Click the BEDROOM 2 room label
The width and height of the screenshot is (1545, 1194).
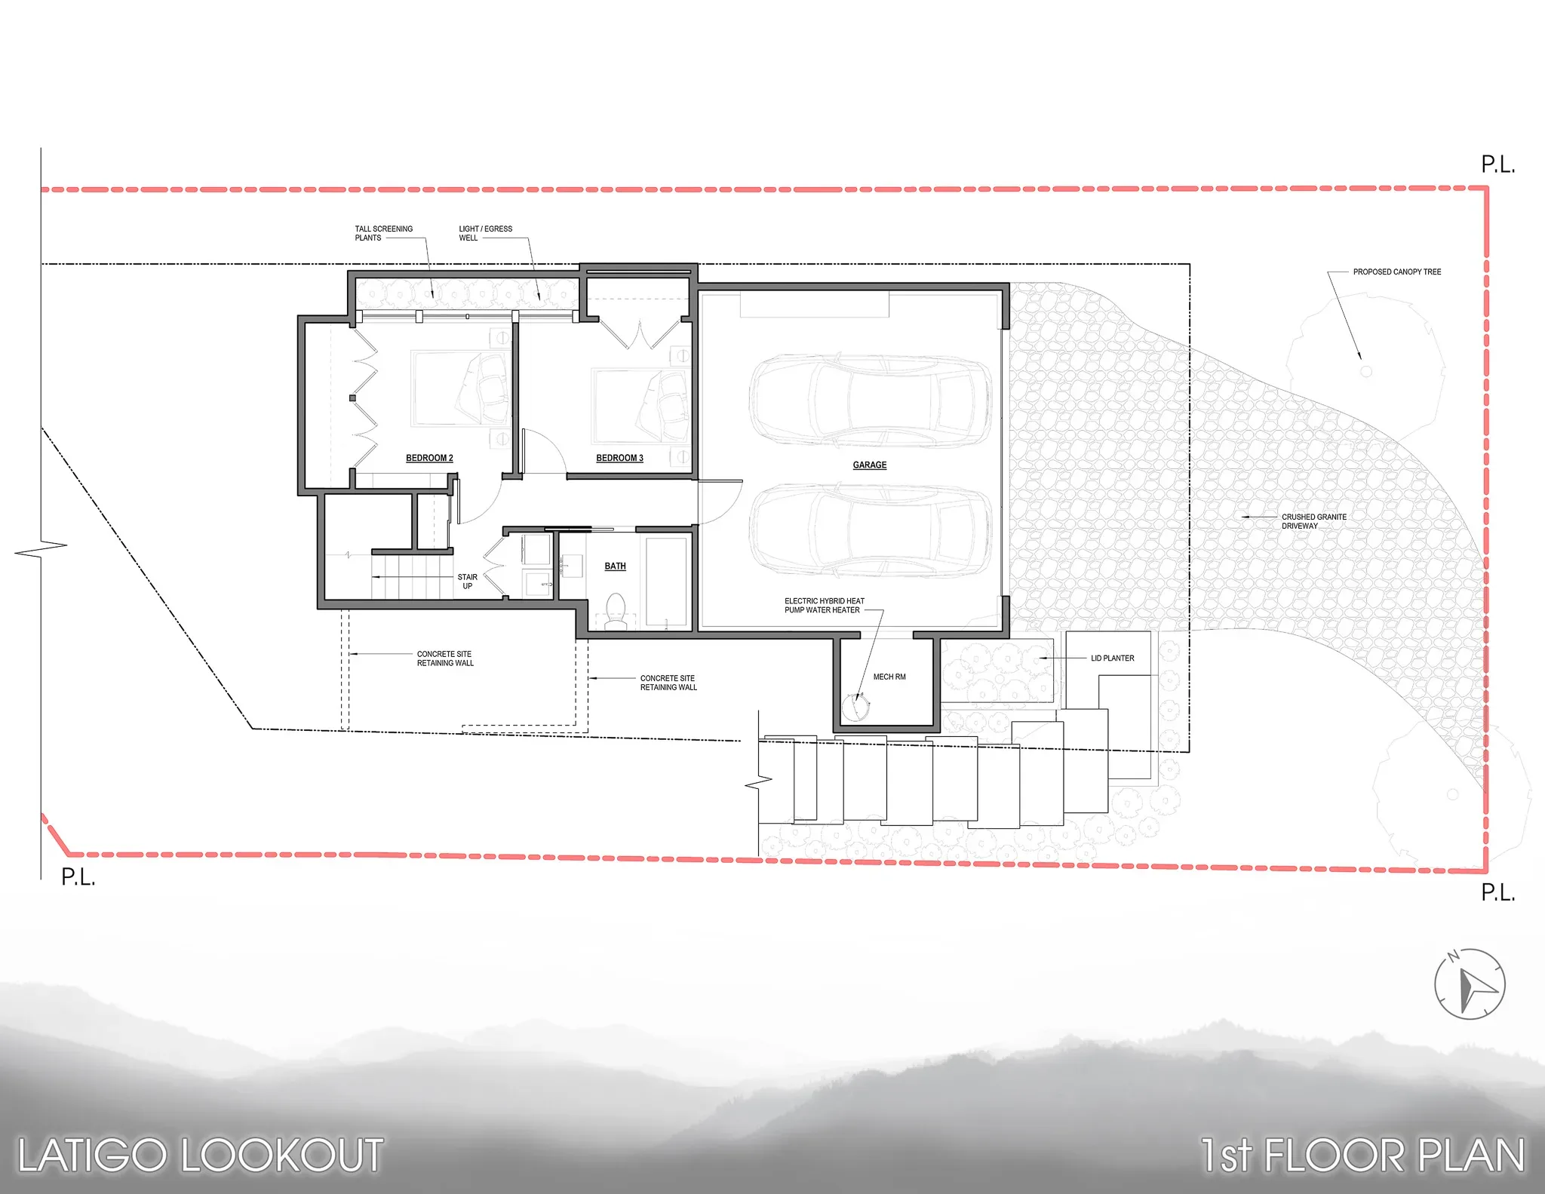pos(429,458)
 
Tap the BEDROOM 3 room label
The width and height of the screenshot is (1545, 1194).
pos(619,458)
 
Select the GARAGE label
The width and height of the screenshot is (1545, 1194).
pos(870,465)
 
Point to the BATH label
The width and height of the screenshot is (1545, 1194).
pos(615,566)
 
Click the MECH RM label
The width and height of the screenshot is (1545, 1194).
pos(889,677)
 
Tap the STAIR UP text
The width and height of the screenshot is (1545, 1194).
pos(467,582)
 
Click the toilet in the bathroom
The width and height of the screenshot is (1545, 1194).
pos(616,611)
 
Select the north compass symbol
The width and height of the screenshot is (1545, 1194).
pos(1470,984)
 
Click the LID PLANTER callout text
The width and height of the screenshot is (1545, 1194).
pos(1112,658)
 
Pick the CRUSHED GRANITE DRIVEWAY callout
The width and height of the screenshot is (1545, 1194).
pos(1313,521)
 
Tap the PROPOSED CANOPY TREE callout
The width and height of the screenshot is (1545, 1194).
pos(1396,272)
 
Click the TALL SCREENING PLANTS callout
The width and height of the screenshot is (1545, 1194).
pos(383,233)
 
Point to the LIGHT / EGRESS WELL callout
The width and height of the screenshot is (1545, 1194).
pos(485,233)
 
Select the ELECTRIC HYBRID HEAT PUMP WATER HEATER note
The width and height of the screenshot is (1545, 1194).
pos(824,606)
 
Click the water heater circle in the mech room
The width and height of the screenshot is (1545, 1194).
pos(855,707)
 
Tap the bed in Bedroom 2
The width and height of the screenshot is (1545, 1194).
pos(460,388)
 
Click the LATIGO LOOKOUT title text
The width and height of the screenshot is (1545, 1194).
pos(201,1156)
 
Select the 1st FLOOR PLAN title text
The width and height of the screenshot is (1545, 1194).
pos(1362,1156)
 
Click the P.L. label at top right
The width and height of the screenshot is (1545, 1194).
pos(1497,164)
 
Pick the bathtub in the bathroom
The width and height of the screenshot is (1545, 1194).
pos(666,582)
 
